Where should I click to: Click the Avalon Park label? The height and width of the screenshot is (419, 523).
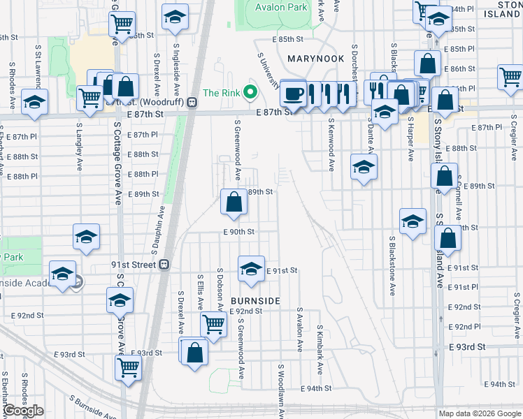click(x=281, y=8)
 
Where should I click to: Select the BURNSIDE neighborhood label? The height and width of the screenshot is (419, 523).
click(x=255, y=300)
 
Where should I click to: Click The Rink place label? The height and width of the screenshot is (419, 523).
click(x=221, y=93)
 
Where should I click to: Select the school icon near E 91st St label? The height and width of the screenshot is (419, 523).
click(x=250, y=269)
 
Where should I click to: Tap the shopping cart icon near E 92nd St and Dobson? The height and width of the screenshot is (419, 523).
click(x=213, y=323)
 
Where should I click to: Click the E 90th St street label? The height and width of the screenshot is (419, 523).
click(x=238, y=231)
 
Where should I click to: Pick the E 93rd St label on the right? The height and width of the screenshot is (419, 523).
click(x=467, y=347)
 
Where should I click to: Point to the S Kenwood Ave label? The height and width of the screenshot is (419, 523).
click(x=331, y=145)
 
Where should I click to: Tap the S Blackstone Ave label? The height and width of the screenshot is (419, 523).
click(x=392, y=265)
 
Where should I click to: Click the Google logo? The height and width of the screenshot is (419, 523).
click(x=23, y=411)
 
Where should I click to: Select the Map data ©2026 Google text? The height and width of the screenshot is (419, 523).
click(x=480, y=413)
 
